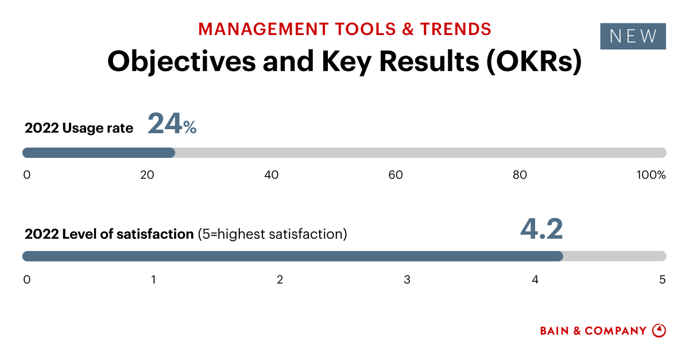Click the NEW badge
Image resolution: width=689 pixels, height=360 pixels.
click(x=633, y=36)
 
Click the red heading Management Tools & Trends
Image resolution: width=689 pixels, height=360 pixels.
click(x=344, y=28)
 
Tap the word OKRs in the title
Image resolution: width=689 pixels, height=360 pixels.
click(x=533, y=61)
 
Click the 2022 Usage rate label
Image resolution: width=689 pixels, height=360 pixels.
click(x=79, y=128)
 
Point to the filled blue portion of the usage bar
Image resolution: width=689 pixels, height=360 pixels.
click(x=98, y=153)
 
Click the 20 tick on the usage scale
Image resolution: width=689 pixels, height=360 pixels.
click(x=147, y=175)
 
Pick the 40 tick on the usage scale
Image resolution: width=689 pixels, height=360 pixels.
click(x=271, y=175)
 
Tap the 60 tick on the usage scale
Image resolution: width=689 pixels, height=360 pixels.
click(x=396, y=175)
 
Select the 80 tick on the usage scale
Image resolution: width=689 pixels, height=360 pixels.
click(x=520, y=175)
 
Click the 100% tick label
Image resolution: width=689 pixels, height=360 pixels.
click(x=651, y=175)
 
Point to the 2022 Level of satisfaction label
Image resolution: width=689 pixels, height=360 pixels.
click(x=109, y=234)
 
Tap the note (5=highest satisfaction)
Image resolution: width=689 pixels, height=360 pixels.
click(x=272, y=234)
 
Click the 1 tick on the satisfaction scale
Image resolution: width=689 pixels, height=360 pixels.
click(x=154, y=280)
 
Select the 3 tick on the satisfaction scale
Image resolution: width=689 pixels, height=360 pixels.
click(x=407, y=280)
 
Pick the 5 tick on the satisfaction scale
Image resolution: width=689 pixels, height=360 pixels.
click(x=662, y=280)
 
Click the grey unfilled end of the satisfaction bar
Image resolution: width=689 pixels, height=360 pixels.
click(x=614, y=256)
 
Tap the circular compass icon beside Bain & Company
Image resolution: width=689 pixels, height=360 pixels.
click(x=659, y=331)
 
